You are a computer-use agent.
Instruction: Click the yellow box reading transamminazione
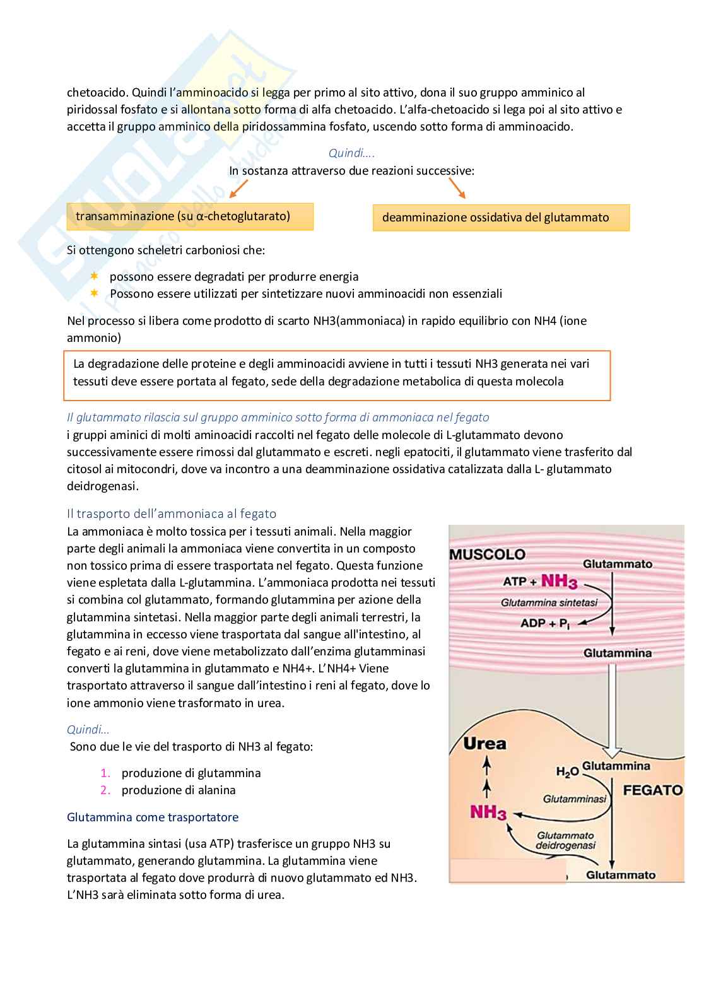point(189,216)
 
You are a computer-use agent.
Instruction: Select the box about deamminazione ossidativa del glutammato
point(501,218)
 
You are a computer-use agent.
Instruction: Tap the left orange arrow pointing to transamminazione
point(238,189)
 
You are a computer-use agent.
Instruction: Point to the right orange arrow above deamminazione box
point(457,188)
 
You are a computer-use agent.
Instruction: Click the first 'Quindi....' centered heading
point(351,153)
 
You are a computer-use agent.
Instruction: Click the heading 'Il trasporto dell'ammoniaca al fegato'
point(172,513)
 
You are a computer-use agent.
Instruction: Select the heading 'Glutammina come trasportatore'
point(153,817)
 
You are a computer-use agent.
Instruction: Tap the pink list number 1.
point(105,773)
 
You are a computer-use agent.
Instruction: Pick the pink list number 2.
point(105,790)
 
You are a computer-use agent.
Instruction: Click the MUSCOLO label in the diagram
point(487,554)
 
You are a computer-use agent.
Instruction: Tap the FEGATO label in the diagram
point(653,790)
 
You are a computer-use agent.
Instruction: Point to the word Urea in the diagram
point(484,744)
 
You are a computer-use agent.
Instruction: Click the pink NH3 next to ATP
point(559,581)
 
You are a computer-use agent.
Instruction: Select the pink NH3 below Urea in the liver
point(488,812)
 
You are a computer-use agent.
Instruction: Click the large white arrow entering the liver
point(612,709)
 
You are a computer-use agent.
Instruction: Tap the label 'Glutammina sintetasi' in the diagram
point(549,602)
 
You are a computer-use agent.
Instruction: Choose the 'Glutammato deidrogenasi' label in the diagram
point(565,840)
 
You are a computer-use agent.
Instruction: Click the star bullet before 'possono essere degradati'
point(95,276)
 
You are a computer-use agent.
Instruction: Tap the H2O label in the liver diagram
point(567,771)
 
